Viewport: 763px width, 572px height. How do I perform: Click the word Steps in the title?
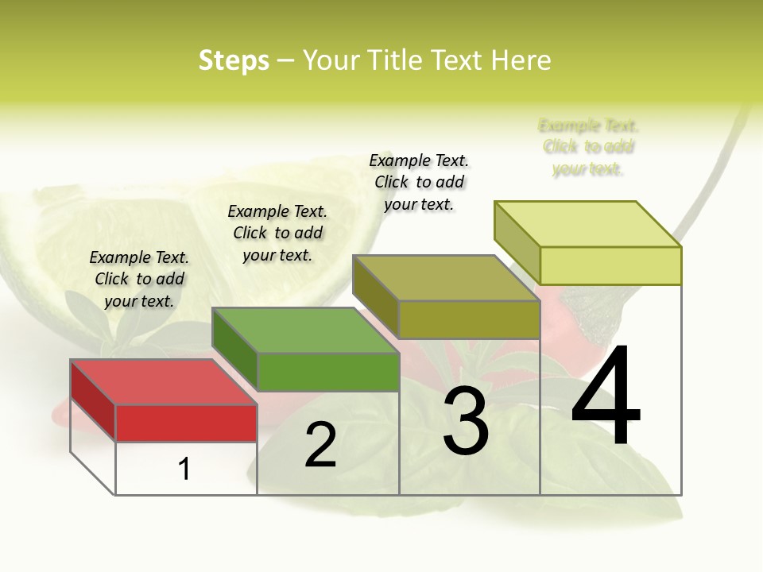[x=234, y=60]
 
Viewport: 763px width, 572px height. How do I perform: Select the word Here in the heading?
[x=521, y=60]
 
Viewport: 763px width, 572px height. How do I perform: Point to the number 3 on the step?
[x=466, y=421]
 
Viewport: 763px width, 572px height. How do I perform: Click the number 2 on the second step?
[x=320, y=445]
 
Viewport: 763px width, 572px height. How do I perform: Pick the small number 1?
[x=184, y=470]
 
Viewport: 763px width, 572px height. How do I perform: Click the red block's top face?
[x=163, y=382]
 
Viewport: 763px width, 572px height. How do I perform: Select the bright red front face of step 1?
[x=186, y=423]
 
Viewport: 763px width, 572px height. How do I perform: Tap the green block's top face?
[x=305, y=330]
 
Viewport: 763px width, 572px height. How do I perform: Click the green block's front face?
[x=328, y=372]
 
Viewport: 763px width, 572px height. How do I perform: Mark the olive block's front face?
[x=469, y=319]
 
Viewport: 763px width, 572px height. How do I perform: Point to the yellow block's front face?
[x=610, y=265]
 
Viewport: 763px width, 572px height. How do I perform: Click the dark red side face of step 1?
[x=93, y=400]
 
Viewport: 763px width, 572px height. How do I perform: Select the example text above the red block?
[x=139, y=279]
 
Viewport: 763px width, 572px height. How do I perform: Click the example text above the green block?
[x=277, y=233]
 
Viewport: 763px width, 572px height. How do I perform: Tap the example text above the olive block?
[x=419, y=182]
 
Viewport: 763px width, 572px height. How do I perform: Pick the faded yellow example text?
[x=588, y=147]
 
